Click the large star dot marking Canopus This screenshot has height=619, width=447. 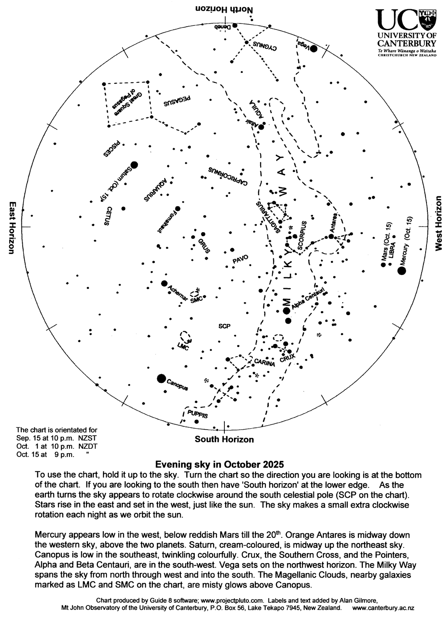point(161,378)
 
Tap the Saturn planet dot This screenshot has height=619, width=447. point(134,165)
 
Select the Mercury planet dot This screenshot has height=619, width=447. point(402,271)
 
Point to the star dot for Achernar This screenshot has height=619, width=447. point(164,283)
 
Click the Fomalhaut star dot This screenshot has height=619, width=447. point(177,209)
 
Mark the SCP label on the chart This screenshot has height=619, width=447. point(224,326)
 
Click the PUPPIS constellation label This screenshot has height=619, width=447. point(197,414)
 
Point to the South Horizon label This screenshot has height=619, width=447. point(224,440)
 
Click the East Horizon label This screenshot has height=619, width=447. point(12,227)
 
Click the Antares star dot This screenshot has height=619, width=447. point(331,237)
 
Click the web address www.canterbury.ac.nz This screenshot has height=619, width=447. point(383,608)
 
